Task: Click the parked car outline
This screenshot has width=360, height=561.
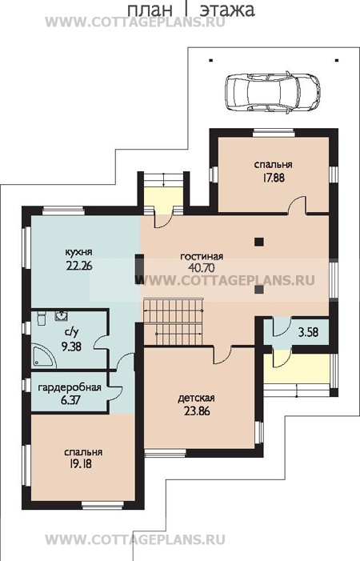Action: coord(273,93)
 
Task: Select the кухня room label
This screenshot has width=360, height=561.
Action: coord(78,252)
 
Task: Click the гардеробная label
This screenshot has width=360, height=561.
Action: coord(70,387)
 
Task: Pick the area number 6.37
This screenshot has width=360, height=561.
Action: coord(70,400)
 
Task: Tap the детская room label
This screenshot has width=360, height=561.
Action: coord(196,399)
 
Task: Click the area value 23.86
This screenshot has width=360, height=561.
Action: coord(197,411)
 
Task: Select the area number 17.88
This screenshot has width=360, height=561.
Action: coord(274,178)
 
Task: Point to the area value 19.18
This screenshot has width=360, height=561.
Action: coord(78,464)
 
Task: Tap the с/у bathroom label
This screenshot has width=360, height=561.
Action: coord(71,333)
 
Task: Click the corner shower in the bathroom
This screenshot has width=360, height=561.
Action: coord(44,355)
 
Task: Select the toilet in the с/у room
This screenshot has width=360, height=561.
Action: coord(41,318)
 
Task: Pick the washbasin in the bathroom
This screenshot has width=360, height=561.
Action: coord(62,316)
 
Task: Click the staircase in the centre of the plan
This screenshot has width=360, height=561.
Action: coord(174,322)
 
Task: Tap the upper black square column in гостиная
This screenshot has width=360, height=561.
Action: coord(259,242)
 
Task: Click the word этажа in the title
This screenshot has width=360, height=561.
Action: coord(227,10)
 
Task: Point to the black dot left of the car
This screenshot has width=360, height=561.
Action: coord(211,61)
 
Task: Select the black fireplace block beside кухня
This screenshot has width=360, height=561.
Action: coord(139,269)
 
